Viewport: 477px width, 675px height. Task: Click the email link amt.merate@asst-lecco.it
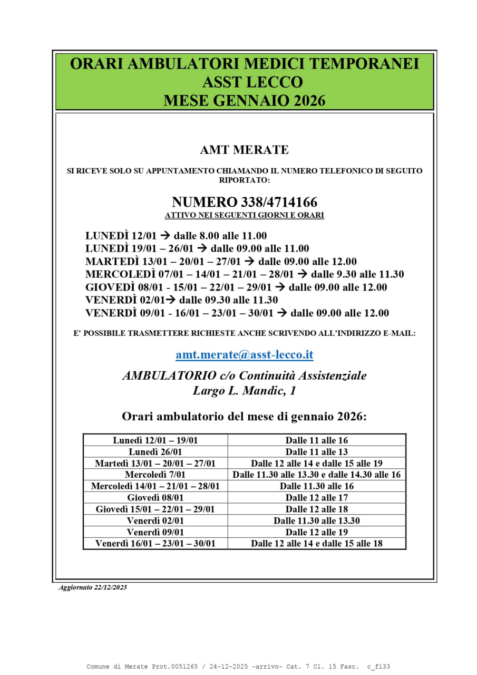tap(244, 355)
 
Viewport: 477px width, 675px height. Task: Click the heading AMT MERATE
tap(244, 150)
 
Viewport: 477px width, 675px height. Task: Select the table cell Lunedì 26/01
tap(155, 452)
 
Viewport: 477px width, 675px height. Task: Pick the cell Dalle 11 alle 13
tap(316, 452)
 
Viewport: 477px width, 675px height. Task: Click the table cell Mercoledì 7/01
tap(155, 475)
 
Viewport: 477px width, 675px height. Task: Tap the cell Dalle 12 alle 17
tap(316, 497)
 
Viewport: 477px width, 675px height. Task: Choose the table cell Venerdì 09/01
tap(155, 532)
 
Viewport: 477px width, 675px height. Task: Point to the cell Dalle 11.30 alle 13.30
tap(316, 520)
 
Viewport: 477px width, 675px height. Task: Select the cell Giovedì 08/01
tap(155, 497)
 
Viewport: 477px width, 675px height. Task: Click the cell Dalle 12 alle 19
tap(316, 532)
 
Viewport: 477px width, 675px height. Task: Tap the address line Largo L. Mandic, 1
tap(244, 391)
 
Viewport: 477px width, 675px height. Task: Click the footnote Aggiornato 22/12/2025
tap(93, 587)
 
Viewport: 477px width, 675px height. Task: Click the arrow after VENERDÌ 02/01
tap(171, 300)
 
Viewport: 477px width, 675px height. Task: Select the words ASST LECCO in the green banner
tap(252, 82)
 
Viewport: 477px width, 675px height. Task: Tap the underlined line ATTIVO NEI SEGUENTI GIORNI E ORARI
tap(244, 215)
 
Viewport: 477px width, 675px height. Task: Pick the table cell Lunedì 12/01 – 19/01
tap(155, 440)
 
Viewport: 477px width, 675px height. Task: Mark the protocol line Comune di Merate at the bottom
tap(238, 667)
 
